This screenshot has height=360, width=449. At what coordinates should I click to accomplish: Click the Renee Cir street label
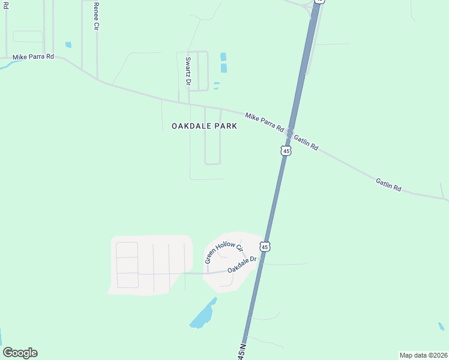pyautogui.click(x=96, y=16)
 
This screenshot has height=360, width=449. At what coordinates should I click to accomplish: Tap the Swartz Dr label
pyautogui.click(x=188, y=70)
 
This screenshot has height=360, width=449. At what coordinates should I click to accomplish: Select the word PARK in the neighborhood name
pyautogui.click(x=228, y=126)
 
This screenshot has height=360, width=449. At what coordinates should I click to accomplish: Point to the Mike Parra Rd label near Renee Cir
pyautogui.click(x=33, y=57)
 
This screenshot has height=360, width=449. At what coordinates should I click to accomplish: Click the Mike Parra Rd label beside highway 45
pyautogui.click(x=264, y=122)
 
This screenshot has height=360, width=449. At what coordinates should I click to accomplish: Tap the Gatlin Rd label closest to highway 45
pyautogui.click(x=306, y=142)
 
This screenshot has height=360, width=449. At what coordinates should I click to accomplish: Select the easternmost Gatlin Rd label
pyautogui.click(x=388, y=184)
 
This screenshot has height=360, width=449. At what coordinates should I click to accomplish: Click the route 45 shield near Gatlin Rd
pyautogui.click(x=286, y=151)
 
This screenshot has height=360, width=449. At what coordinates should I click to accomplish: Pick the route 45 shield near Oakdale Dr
pyautogui.click(x=265, y=246)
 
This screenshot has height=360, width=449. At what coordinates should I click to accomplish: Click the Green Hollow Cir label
pyautogui.click(x=224, y=253)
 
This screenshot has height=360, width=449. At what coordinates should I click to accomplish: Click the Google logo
pyautogui.click(x=20, y=353)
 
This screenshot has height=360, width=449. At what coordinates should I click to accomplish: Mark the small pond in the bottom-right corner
pyautogui.click(x=441, y=326)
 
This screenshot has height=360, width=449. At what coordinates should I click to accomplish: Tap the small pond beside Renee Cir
pyautogui.click(x=68, y=44)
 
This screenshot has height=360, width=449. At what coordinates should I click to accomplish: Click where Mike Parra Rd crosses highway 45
pyautogui.click(x=290, y=132)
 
